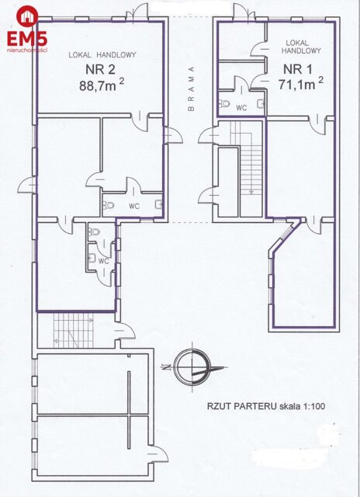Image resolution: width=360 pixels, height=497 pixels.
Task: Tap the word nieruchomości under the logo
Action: coord(27,50)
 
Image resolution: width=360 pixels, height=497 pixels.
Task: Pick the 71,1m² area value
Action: coord(300,81)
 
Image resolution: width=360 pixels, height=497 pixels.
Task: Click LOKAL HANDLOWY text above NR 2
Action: coord(102,55)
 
